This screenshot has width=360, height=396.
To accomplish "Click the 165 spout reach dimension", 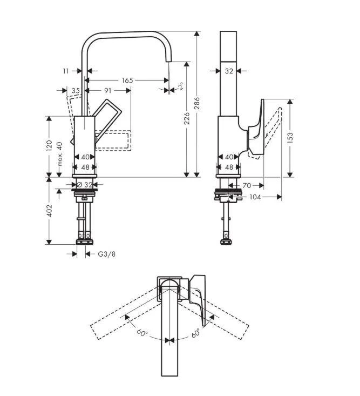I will point(127,80).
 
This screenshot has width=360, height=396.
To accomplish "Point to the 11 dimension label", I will point(66,70).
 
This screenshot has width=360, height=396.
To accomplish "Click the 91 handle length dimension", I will point(107,90).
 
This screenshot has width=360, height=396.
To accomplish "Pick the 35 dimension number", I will point(76,90).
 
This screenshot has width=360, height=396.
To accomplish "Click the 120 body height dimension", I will point(49,145).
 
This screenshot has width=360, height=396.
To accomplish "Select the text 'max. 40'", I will point(60,155).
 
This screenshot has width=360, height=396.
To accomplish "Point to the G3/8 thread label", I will point(106,254).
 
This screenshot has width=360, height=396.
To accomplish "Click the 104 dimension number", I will point(255,197).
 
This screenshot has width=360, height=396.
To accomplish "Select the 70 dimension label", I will point(246,185).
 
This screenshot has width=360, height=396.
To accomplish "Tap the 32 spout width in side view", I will point(228,70).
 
